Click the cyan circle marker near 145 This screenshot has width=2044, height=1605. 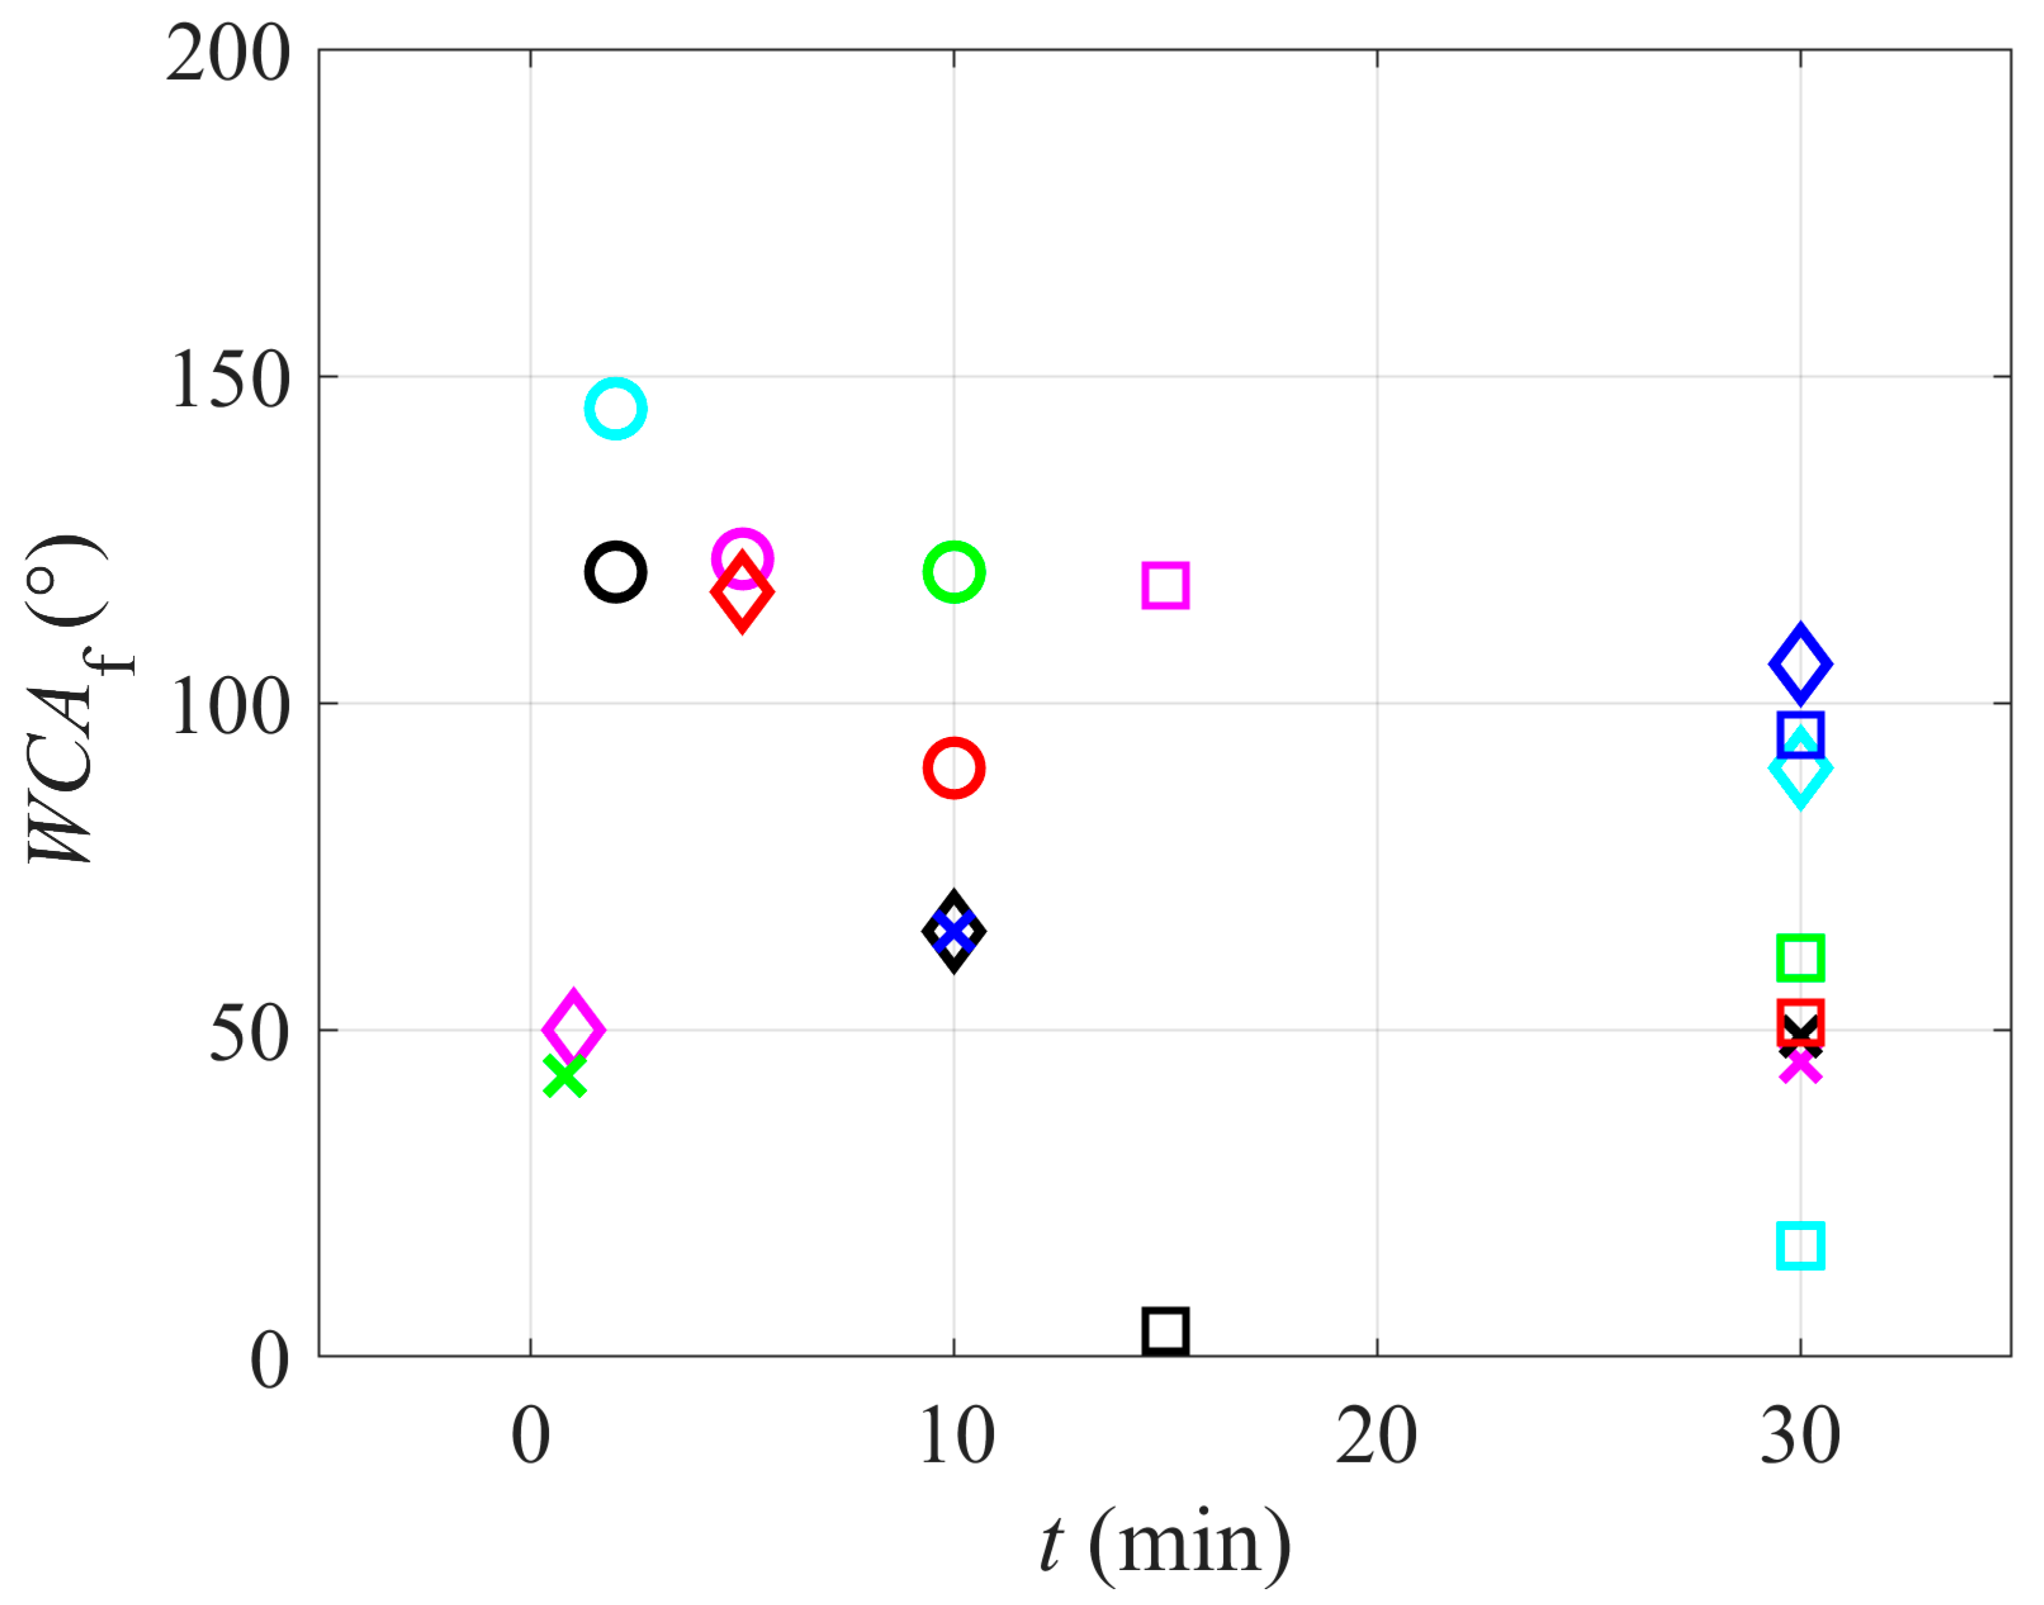coord(615,409)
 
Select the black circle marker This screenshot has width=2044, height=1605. coord(615,572)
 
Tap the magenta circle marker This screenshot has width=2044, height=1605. coord(742,558)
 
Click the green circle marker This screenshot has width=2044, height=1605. coord(954,572)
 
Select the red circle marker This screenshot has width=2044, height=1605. coord(954,768)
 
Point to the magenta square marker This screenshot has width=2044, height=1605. coord(1166,585)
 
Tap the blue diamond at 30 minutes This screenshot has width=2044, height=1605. coord(1799,663)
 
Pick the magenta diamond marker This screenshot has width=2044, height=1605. coord(573,1029)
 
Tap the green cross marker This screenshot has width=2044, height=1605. coord(565,1076)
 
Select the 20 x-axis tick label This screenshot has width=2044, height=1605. coord(1377,1436)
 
